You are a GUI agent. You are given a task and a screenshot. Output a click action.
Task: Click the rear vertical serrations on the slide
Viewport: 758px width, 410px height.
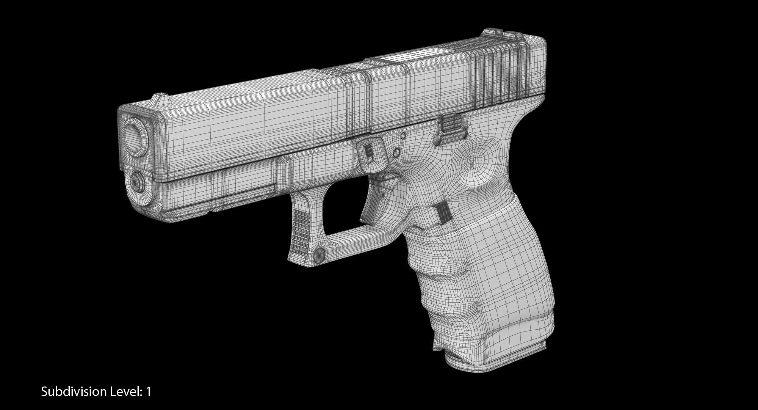coord(496,76)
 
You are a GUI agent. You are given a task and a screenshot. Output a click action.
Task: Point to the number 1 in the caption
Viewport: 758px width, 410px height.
coord(148,392)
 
